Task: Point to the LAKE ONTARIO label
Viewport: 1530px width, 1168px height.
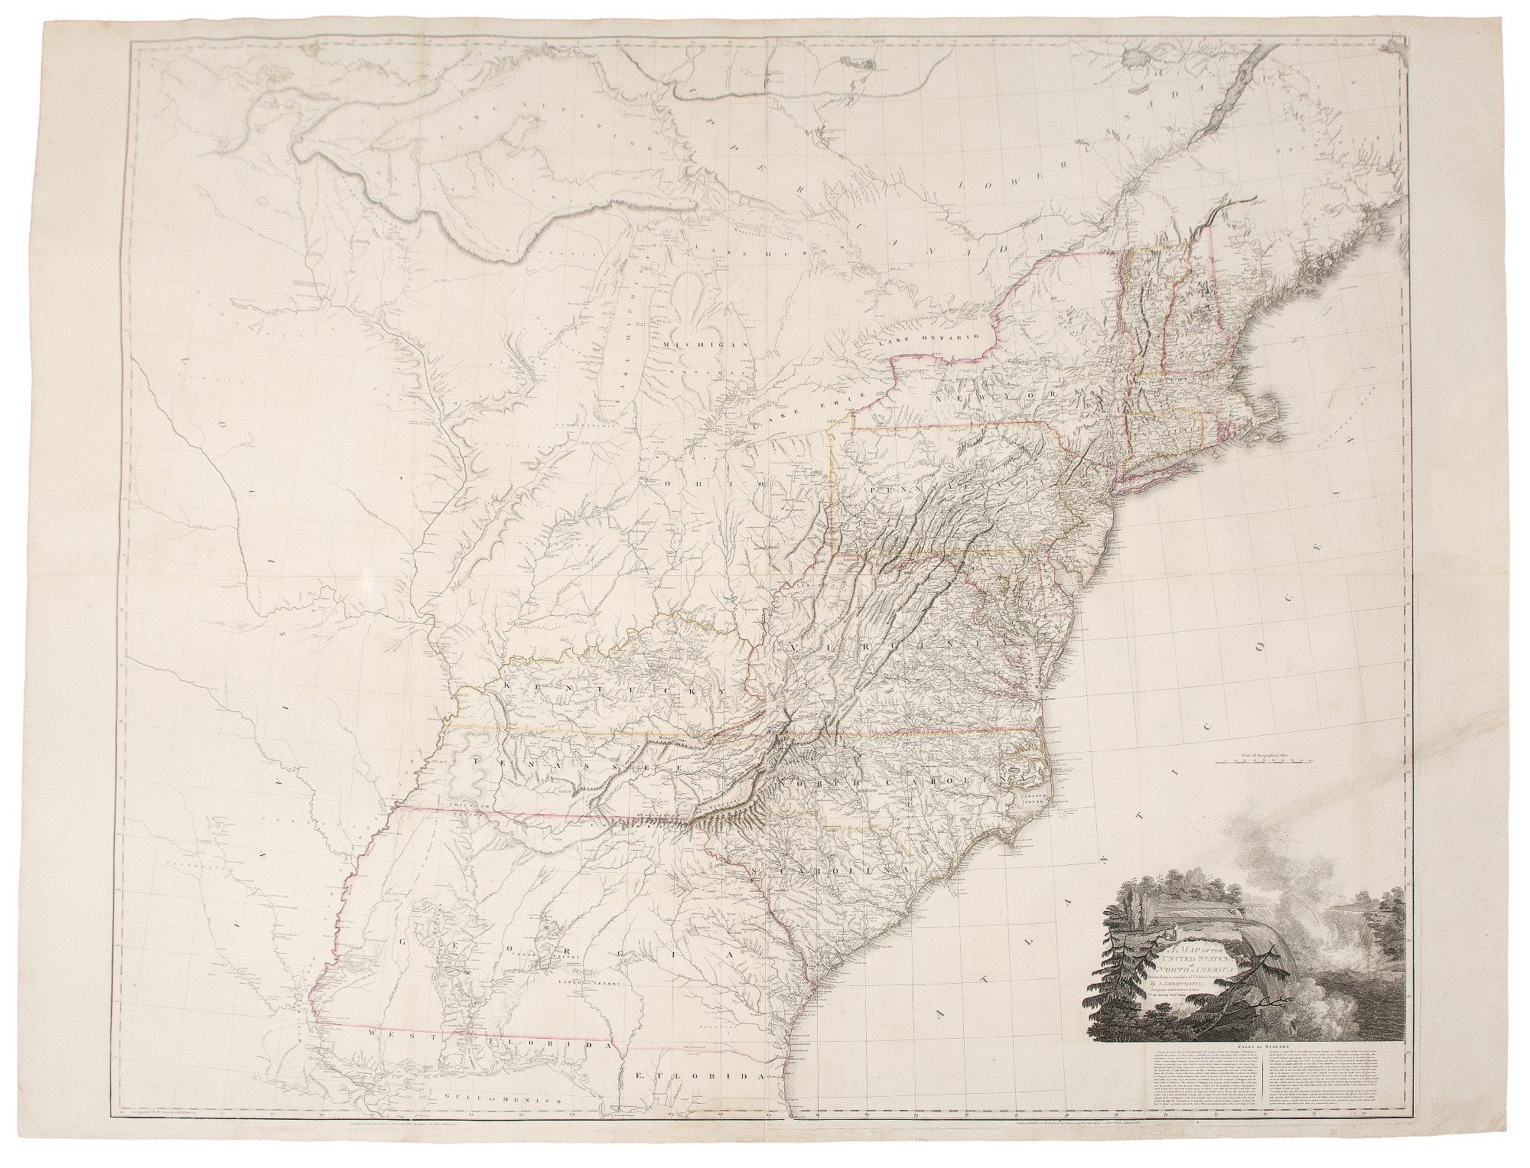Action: [933, 342]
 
